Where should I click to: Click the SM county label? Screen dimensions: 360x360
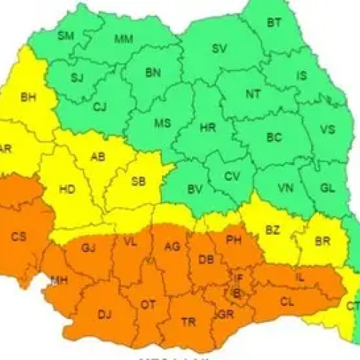pyautogui.click(x=66, y=35)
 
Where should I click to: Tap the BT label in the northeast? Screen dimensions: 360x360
pyautogui.click(x=274, y=22)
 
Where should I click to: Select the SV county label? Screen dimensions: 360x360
pyautogui.click(x=219, y=49)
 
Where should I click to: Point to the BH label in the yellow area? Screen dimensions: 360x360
pyautogui.click(x=28, y=96)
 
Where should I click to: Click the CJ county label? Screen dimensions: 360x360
pyautogui.click(x=100, y=107)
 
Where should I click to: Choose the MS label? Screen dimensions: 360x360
pyautogui.click(x=162, y=123)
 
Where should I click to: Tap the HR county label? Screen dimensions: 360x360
pyautogui.click(x=208, y=127)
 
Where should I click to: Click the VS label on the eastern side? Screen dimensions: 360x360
pyautogui.click(x=328, y=130)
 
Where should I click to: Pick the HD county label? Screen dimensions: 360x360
pyautogui.click(x=67, y=190)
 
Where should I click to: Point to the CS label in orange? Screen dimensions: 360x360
pyautogui.click(x=19, y=235)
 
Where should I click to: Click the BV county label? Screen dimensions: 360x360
pyautogui.click(x=194, y=189)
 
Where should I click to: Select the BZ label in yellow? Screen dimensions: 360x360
pyautogui.click(x=272, y=230)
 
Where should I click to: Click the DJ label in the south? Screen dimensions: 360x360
pyautogui.click(x=105, y=314)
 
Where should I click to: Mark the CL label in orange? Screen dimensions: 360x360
pyautogui.click(x=287, y=302)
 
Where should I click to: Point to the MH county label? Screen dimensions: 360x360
pyautogui.click(x=59, y=281)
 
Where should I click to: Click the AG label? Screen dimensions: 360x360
pyautogui.click(x=172, y=247)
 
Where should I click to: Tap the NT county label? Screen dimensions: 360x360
pyautogui.click(x=253, y=94)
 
